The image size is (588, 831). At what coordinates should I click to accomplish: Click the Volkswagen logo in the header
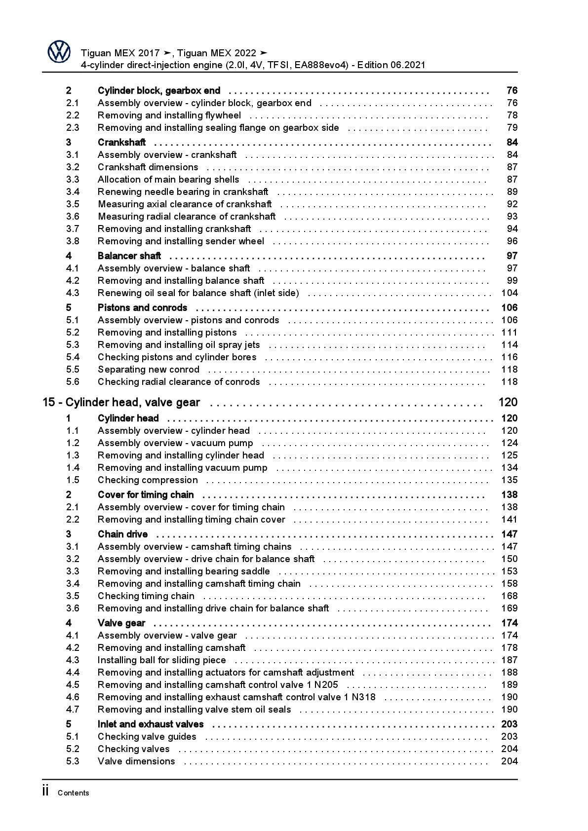tap(59, 52)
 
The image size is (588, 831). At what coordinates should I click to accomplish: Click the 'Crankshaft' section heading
tap(121, 143)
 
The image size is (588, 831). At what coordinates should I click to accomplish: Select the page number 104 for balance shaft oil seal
tap(509, 293)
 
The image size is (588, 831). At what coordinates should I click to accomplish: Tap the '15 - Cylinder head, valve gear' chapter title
tap(121, 403)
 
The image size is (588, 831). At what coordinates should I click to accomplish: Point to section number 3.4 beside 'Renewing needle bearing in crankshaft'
tap(73, 192)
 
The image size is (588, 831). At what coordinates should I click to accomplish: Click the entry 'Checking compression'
tap(148, 480)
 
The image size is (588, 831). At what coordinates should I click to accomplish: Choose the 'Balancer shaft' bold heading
tap(129, 256)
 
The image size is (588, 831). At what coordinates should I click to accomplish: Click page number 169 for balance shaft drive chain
tap(509, 608)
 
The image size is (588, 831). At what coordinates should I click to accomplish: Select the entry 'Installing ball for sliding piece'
tap(161, 660)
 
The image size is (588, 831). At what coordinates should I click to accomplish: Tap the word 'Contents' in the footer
tap(73, 793)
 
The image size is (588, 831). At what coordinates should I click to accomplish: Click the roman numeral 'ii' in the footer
tap(46, 792)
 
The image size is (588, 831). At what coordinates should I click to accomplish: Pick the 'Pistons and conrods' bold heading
tap(142, 308)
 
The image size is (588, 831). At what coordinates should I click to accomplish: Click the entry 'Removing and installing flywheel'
tap(169, 115)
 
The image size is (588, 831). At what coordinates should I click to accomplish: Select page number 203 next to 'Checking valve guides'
tap(509, 737)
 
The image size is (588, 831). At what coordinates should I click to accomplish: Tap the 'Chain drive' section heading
tap(122, 534)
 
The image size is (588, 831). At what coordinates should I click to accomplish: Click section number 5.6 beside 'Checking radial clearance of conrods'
tap(73, 382)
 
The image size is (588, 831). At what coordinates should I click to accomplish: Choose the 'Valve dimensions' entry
tap(136, 761)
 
